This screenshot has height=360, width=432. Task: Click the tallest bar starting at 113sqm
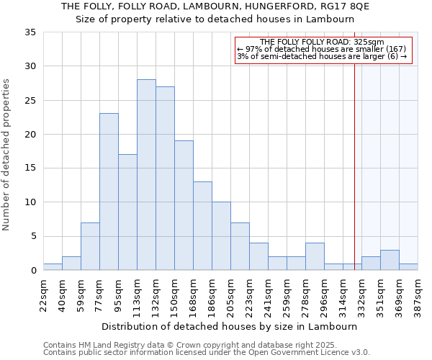146,175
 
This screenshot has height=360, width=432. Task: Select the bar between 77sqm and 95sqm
109,192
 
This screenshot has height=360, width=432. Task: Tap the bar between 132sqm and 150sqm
165,179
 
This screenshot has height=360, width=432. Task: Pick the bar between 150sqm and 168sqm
184,205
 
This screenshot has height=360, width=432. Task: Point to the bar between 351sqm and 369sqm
390,260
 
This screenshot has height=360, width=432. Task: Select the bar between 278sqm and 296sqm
315,256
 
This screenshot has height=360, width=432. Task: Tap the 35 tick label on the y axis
30,32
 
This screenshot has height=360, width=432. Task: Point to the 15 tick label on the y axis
30,168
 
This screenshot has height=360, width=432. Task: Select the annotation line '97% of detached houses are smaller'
323,49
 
